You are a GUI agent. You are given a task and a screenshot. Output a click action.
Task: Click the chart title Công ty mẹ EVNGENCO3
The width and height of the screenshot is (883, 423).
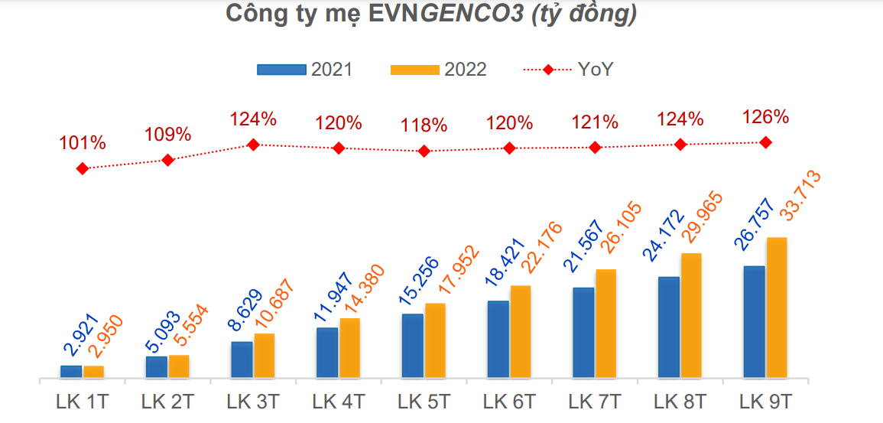[431, 15]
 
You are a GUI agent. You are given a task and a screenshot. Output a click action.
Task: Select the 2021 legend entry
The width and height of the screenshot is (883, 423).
[305, 70]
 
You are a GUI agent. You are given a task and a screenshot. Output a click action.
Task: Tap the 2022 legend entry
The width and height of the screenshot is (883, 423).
[438, 70]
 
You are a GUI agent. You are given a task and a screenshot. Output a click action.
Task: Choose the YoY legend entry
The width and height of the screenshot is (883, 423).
[568, 70]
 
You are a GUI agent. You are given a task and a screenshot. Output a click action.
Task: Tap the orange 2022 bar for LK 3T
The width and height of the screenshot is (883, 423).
[264, 356]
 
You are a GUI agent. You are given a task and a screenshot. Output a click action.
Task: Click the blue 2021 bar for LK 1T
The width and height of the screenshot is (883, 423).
[72, 372]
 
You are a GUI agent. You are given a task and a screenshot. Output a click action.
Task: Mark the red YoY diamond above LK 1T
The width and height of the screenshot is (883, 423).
[83, 168]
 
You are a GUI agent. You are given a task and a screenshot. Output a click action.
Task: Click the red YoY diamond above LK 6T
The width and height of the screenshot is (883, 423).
[510, 148]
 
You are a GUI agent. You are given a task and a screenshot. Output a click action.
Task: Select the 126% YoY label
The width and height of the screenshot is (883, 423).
[765, 117]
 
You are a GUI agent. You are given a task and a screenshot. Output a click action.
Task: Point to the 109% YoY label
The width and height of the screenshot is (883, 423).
[168, 135]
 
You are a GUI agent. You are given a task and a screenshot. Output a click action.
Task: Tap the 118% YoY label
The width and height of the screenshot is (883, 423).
[424, 124]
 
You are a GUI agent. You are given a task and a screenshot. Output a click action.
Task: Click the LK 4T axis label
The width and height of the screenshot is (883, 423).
[339, 402]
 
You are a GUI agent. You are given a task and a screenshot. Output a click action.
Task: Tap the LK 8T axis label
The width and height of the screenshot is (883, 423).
[680, 402]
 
